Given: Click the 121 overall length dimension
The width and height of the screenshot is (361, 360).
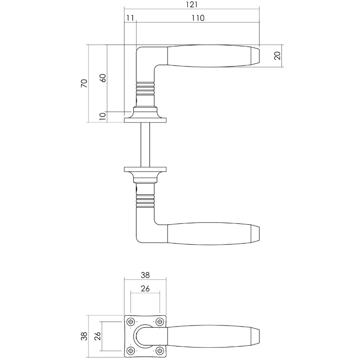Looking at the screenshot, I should point(191,5).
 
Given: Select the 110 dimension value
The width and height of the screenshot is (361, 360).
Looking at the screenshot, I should point(197,18).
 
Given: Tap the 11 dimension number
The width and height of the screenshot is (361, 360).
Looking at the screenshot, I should point(130,18).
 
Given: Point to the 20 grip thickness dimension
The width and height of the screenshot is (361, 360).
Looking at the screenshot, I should point(277,56).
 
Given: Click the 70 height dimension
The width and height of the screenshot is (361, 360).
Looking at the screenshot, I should point(84,83).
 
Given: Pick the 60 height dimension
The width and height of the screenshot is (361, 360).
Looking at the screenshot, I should point(102,77).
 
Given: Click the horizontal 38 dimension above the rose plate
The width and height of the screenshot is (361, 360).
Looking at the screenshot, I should point(145,275).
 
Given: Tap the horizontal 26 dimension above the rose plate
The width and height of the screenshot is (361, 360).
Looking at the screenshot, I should point(145,289).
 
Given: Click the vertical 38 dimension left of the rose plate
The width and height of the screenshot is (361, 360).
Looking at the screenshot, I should point(84,336).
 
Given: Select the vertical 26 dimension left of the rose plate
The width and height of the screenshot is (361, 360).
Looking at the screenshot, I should point(97,336).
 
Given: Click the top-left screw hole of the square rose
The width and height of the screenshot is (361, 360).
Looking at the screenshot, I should point(131,322).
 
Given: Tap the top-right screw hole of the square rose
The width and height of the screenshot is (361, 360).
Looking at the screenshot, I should point(160,322).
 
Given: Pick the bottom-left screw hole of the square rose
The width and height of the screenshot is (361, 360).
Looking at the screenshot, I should point(131,350).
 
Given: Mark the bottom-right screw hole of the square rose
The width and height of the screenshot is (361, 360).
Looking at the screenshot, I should point(160,350).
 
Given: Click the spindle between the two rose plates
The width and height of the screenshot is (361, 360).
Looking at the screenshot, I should point(145,143).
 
